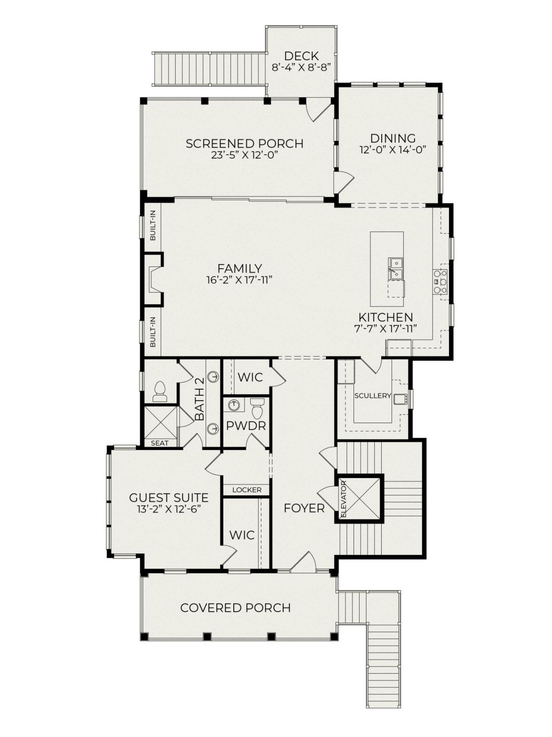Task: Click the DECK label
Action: [301, 56]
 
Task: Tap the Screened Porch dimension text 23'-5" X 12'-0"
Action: [244, 156]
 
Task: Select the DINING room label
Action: [393, 138]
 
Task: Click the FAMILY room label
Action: [239, 269]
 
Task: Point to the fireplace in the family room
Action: [153, 280]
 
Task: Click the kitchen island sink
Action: [395, 269]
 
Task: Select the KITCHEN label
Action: [386, 317]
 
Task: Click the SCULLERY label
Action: [372, 395]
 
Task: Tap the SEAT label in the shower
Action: [160, 443]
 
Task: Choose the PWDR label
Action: [246, 426]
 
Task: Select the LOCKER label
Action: [247, 490]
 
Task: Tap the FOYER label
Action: [304, 508]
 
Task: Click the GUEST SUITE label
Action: [169, 497]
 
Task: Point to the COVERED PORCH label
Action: [235, 607]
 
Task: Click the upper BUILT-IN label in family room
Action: [153, 229]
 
